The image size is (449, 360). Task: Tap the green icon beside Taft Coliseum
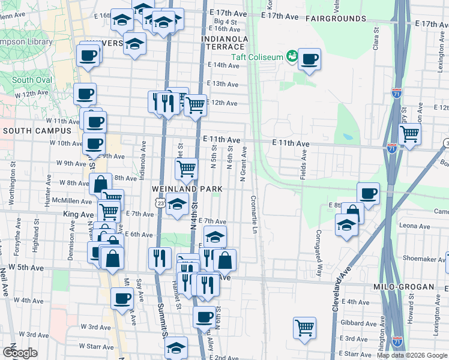[x=292, y=56]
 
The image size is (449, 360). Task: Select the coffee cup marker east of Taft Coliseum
[x=309, y=59]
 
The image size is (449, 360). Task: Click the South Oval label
[x=32, y=80]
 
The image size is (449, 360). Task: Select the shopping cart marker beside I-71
[x=409, y=134]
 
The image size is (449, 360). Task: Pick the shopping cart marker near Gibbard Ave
[x=305, y=328]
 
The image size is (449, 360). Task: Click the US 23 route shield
[x=160, y=204]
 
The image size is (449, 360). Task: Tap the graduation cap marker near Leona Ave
[x=346, y=224]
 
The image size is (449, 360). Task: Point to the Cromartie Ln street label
[x=254, y=214]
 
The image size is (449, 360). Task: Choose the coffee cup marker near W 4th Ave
[x=122, y=298]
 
